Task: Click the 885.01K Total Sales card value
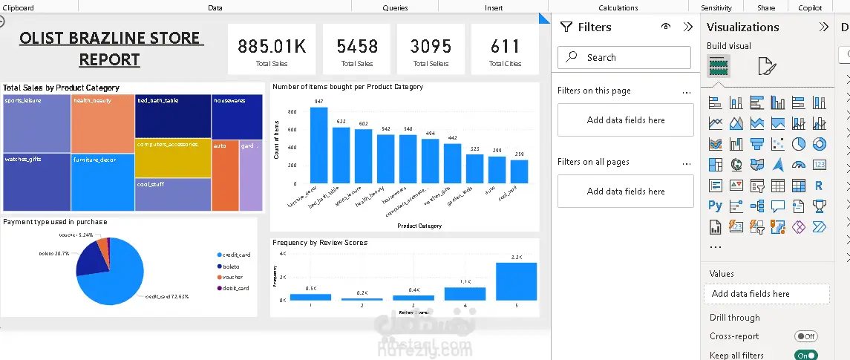click(x=272, y=46)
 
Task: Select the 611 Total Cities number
click(x=505, y=46)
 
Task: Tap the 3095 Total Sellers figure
click(x=431, y=46)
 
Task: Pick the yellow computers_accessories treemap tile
click(x=173, y=157)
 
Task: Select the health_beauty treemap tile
click(x=103, y=123)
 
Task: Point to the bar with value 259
click(x=519, y=171)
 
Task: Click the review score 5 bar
click(x=516, y=281)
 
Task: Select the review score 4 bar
click(x=465, y=293)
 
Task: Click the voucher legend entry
click(x=232, y=277)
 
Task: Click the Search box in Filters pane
click(x=625, y=57)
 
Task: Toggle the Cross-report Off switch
click(x=805, y=336)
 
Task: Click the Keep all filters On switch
click(x=805, y=356)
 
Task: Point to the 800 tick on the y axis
click(x=292, y=112)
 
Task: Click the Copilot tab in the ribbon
click(x=810, y=7)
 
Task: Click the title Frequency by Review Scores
click(x=320, y=243)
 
